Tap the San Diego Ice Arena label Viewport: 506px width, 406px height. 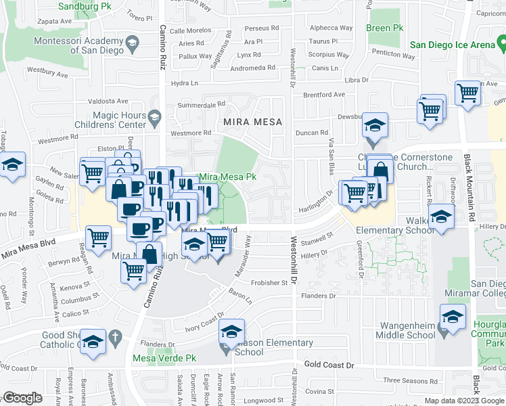pyautogui.click(x=453, y=45)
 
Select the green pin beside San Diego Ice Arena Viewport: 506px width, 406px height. pyautogui.click(x=501, y=45)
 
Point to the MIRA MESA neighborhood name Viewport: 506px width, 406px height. pyautogui.click(x=250, y=122)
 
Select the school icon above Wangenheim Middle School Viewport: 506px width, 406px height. pyautogui.click(x=453, y=317)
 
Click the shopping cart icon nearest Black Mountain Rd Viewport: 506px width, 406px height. pyautogui.click(x=467, y=93)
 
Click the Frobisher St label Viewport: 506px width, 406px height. pyautogui.click(x=269, y=283)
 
